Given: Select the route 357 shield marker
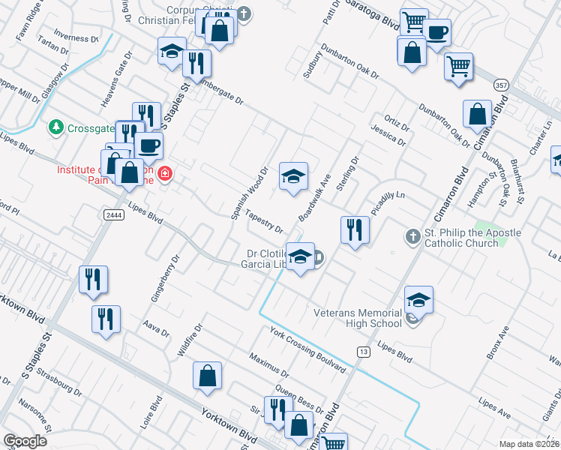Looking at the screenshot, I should [499, 86].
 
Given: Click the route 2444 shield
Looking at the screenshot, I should [112, 214].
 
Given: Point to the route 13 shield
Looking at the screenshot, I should [364, 352].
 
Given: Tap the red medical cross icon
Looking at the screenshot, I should [164, 174].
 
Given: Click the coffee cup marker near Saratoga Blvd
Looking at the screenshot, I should [436, 32].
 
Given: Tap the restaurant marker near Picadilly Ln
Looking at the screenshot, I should [355, 229].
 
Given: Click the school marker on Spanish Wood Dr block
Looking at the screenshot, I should [293, 177].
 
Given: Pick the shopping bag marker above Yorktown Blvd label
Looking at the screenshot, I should [208, 376].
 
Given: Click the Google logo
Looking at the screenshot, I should [25, 441].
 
